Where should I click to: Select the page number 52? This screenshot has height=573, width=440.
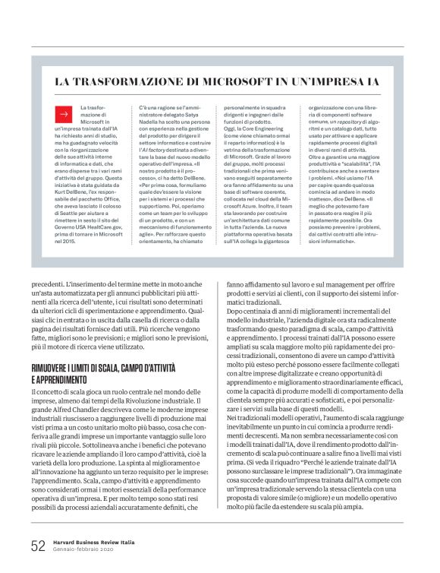click(x=38, y=545)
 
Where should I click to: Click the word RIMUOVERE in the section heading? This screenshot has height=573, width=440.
click(x=54, y=368)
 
